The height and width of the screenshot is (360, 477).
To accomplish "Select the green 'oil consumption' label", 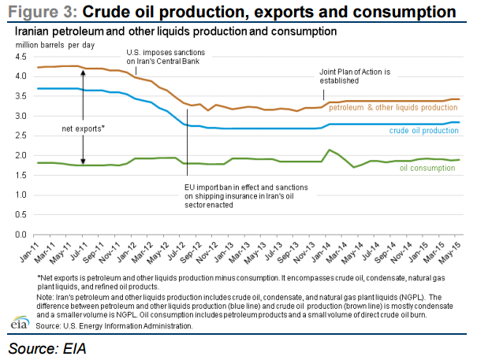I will point(427,168).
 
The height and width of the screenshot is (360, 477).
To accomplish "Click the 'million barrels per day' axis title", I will point(52,45).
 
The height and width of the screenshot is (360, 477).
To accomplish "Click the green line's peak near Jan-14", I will point(327,150).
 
